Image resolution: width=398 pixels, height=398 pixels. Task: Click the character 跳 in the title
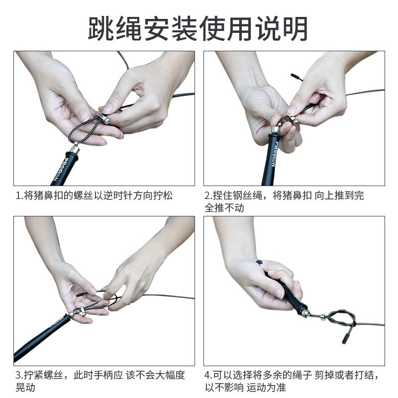pyautogui.click(x=101, y=28)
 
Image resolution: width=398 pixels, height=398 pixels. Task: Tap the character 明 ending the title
pyautogui.click(x=295, y=28)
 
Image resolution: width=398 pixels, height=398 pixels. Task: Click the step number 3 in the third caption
pyautogui.click(x=18, y=375)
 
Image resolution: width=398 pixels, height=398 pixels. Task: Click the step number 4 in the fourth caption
pyautogui.click(x=207, y=375)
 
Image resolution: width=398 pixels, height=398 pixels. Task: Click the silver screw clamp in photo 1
pyautogui.click(x=104, y=118)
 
